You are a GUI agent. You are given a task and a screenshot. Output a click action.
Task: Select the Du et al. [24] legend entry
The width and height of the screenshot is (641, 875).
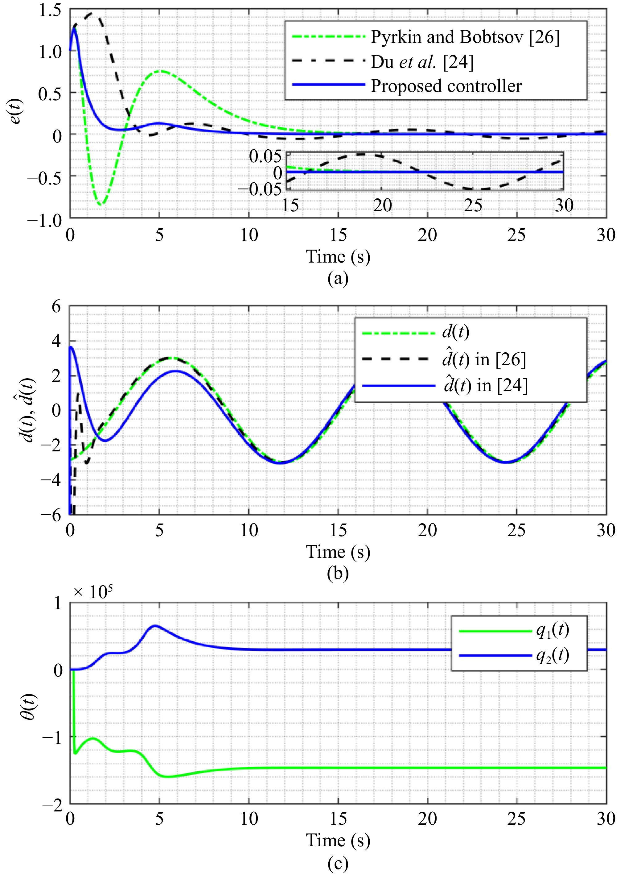coord(422,62)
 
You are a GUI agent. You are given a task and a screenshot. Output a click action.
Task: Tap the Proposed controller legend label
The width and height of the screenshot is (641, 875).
coord(446,86)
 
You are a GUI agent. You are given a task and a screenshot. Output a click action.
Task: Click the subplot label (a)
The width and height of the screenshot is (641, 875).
coord(338,278)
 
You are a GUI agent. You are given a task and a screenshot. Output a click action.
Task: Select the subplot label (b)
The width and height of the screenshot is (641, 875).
coord(338,573)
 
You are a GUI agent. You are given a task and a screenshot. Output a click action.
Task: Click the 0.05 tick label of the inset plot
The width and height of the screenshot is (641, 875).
coord(265,156)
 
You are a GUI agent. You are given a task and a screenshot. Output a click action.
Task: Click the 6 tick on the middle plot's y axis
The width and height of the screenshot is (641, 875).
coord(57,307)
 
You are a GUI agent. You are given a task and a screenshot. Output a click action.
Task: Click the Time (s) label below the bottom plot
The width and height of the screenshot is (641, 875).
coord(338,841)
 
